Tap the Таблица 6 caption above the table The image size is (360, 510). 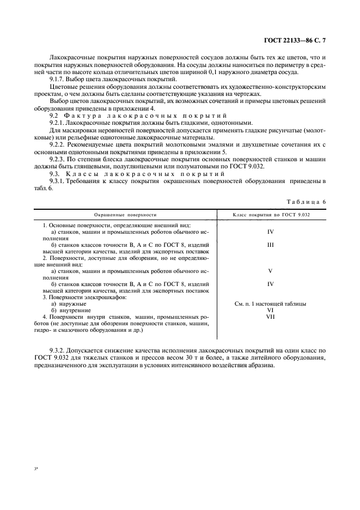(306, 202)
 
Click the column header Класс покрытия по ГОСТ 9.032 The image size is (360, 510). (271, 215)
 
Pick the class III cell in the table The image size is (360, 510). (270, 246)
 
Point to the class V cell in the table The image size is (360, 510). (270, 271)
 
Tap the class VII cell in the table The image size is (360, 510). (270, 317)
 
